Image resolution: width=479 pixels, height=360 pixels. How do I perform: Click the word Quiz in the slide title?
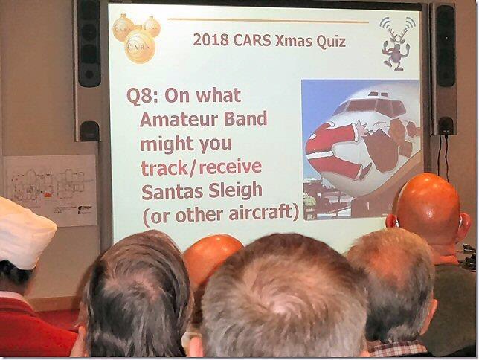tap(330, 41)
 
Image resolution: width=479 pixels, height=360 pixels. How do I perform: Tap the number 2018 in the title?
tap(210, 39)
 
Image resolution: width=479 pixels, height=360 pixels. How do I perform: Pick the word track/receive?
tap(201, 167)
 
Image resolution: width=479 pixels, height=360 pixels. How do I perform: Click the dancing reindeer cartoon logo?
tap(396, 43)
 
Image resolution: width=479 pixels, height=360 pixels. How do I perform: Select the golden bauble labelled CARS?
tap(140, 46)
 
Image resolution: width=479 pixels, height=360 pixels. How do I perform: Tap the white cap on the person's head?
tap(25, 232)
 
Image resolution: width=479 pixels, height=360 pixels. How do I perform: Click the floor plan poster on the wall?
tap(51, 190)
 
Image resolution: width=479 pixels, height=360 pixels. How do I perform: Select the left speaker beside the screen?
tap(89, 69)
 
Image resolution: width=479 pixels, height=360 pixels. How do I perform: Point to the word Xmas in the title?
tap(294, 41)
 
